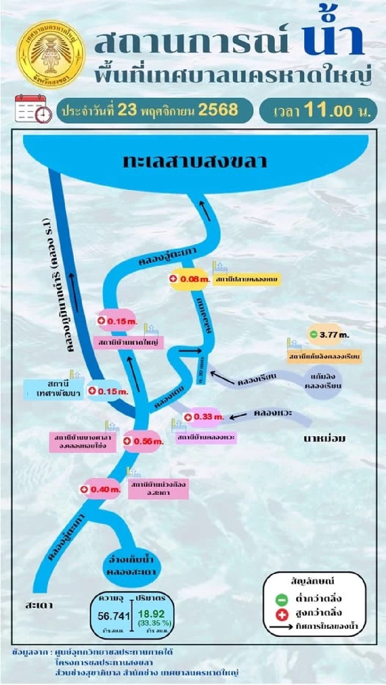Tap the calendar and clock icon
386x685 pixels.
tap(33, 108)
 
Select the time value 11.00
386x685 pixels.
tap(328, 110)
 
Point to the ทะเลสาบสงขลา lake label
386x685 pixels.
tap(195, 161)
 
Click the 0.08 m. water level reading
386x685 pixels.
tap(195, 279)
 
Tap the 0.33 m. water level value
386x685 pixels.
tap(208, 417)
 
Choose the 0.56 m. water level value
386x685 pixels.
tap(148, 441)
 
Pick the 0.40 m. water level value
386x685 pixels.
tap(105, 489)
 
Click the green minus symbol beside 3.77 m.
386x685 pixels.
tap(313, 334)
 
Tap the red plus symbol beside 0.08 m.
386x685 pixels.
tap(174, 279)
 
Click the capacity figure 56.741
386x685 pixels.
tap(114, 616)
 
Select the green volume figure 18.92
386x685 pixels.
tap(151, 614)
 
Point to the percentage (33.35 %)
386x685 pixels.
tap(154, 623)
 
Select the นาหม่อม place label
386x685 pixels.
tap(324, 438)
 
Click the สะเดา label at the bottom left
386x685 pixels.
tap(39, 605)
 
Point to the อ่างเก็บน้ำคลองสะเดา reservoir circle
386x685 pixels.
tap(131, 565)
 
